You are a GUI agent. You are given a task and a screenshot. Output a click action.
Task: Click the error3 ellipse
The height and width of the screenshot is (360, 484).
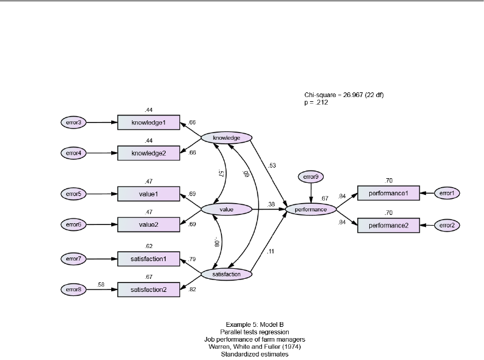74,123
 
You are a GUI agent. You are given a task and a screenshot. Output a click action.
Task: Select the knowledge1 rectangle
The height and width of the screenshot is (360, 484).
148,123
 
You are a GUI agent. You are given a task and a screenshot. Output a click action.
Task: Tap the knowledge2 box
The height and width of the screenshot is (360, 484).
148,153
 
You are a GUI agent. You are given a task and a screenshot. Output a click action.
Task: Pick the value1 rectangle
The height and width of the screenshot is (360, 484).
148,194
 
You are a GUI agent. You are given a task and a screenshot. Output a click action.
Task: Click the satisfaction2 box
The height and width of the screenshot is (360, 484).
148,290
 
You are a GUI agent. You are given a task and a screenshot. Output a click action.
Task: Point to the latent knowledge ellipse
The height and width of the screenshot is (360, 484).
227,138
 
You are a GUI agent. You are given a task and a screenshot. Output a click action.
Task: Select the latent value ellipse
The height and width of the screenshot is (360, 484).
227,209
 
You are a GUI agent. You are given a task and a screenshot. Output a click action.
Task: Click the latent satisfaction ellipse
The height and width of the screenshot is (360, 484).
227,274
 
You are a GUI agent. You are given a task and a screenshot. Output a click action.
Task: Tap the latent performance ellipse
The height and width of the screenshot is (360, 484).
311,209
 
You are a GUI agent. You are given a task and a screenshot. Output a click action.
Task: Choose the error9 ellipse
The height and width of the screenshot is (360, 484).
311,176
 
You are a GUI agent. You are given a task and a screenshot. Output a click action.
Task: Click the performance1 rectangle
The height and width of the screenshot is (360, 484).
388,193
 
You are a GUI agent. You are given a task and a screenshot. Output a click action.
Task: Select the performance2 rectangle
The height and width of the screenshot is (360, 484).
388,225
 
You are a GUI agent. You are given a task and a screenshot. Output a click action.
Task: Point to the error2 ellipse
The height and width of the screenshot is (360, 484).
447,225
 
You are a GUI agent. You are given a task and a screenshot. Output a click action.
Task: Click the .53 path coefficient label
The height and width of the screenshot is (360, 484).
272,165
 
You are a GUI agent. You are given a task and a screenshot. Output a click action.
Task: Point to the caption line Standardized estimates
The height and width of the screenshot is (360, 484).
242,354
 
